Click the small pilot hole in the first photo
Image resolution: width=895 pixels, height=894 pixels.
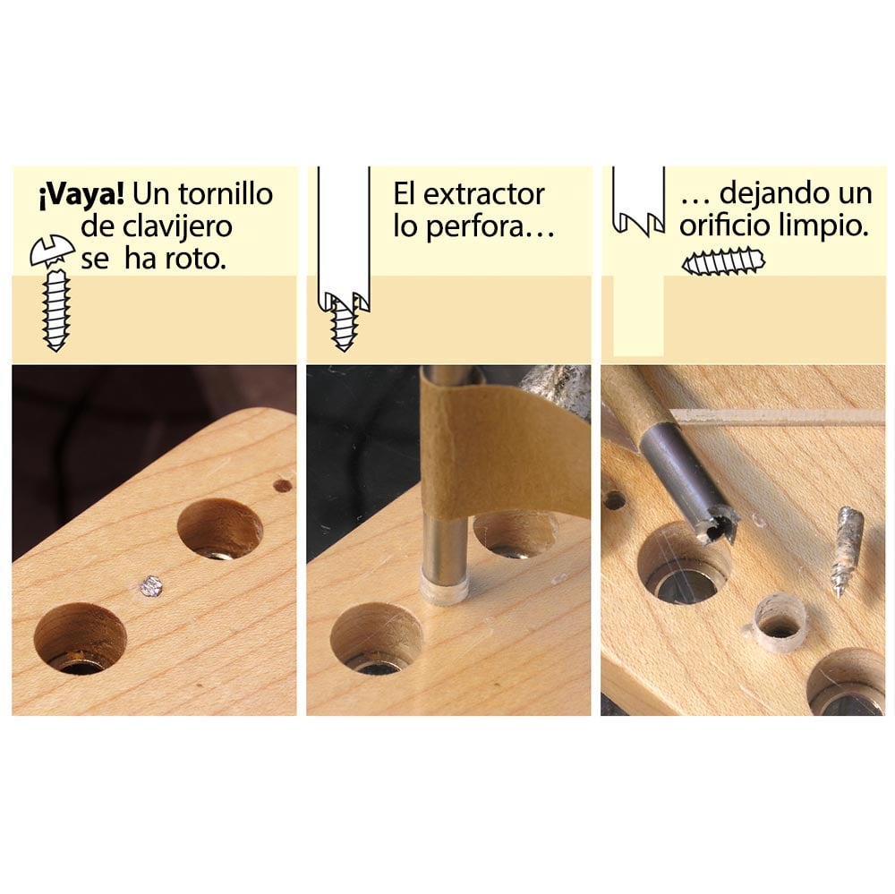pyautogui.click(x=282, y=486)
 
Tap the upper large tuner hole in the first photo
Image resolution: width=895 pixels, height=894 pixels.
pyautogui.click(x=219, y=530)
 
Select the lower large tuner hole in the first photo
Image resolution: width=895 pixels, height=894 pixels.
pyautogui.click(x=80, y=637)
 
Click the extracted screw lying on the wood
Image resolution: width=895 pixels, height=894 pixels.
pyautogui.click(x=845, y=551)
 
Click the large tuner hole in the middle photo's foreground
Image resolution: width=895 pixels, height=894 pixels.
pyautogui.click(x=376, y=638)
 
